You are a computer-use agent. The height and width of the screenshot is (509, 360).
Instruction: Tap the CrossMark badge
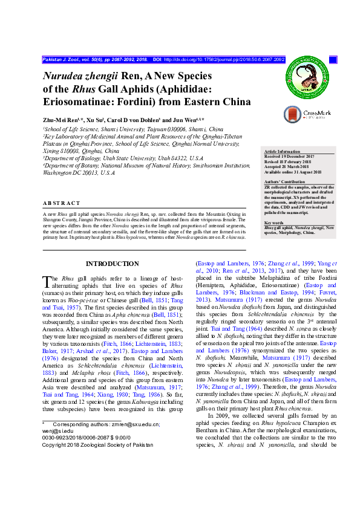(x=307, y=113)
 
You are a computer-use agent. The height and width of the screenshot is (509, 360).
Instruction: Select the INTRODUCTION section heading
(x=113, y=264)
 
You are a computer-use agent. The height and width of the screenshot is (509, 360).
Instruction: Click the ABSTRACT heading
(x=62, y=203)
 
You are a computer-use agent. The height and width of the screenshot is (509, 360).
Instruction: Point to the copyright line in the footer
(x=98, y=444)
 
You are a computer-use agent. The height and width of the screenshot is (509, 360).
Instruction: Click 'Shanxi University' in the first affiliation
(x=120, y=129)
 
